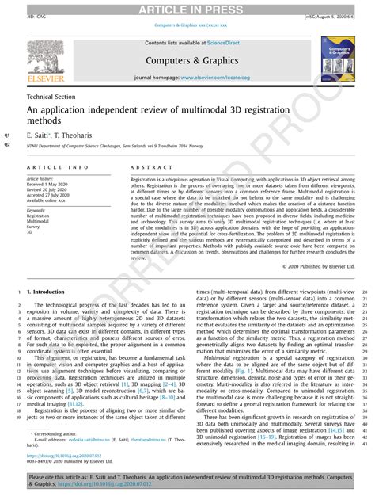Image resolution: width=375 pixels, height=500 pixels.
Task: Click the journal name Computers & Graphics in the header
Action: (x=187, y=59)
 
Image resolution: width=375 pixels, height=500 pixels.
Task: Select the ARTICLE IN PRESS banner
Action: (x=187, y=9)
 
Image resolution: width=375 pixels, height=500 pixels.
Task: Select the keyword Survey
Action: (x=35, y=227)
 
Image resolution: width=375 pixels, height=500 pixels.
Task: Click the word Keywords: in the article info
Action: (x=38, y=208)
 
